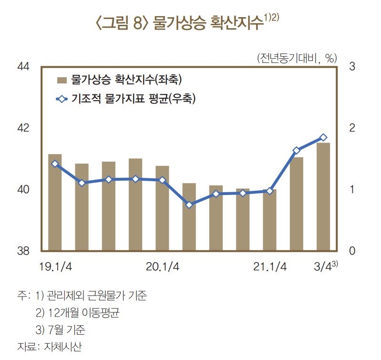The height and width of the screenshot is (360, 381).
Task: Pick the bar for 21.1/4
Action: coord(269,220)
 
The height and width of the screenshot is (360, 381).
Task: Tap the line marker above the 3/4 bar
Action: coord(323,137)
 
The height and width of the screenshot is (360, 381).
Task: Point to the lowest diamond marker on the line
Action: coord(189,205)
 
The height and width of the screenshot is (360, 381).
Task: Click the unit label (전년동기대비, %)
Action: coord(297,58)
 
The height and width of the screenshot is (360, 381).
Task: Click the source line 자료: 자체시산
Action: coord(52,347)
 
